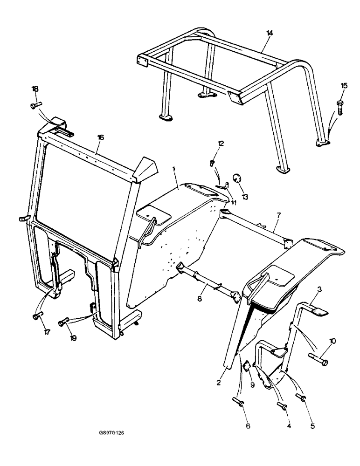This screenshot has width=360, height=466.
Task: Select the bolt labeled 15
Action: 339,105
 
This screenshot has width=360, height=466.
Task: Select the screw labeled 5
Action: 302,397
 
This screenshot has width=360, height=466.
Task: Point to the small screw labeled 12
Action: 212,163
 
